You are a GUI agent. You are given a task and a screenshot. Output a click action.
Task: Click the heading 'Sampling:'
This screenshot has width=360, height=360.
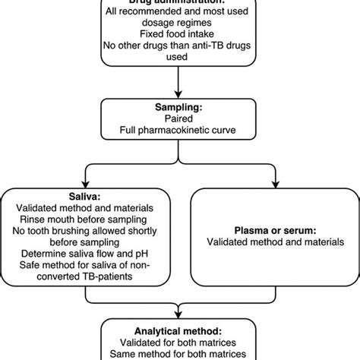point(180,109)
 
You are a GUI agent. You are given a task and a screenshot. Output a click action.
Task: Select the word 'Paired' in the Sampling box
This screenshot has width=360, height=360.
point(180,120)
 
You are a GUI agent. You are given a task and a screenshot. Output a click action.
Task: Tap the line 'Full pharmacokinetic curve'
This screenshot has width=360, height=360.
point(180,132)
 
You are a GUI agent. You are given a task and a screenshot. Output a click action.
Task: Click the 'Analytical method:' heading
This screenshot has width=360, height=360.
point(180,331)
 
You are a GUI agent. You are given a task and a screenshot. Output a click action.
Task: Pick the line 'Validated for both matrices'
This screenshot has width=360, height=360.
point(180,343)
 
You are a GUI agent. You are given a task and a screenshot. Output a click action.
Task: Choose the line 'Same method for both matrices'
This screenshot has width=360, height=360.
point(180,355)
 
